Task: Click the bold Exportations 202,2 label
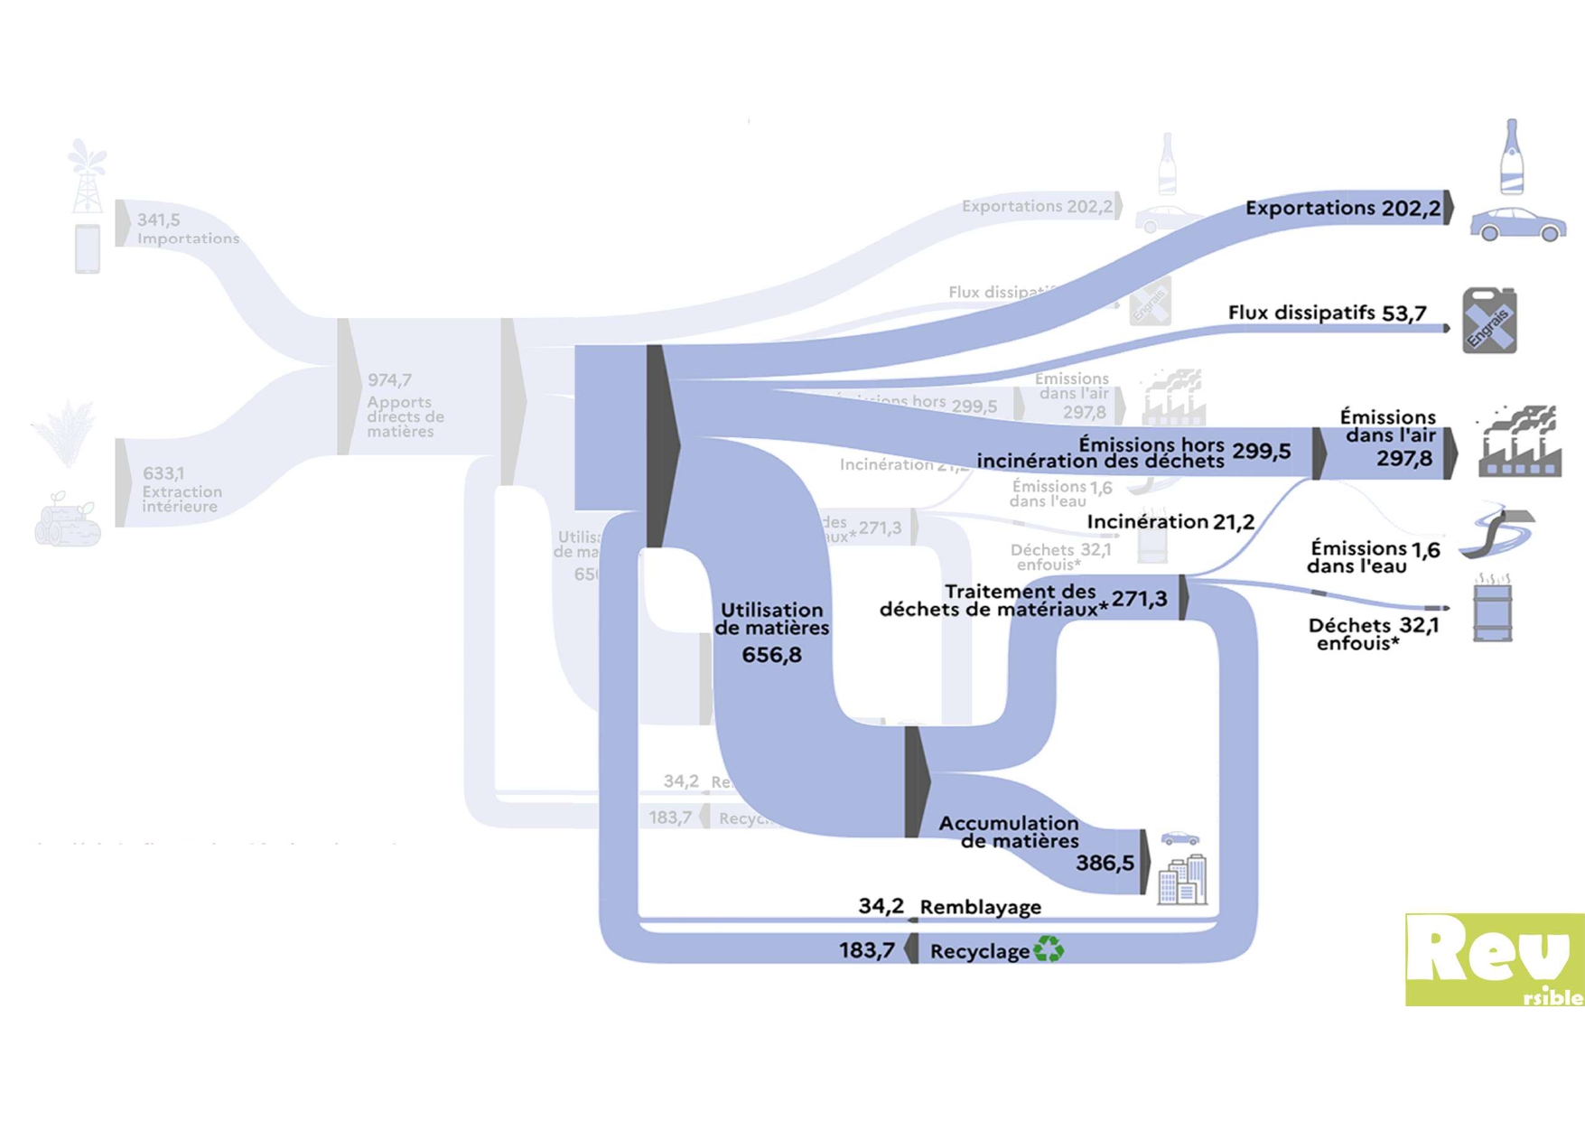tap(1342, 209)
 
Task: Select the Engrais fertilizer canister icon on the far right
tap(1489, 321)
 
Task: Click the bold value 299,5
tap(1261, 452)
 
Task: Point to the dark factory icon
tap(1519, 442)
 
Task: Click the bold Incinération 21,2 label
tap(1170, 522)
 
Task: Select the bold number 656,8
tap(771, 655)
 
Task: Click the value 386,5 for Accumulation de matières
tap(1104, 864)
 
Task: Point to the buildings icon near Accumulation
tap(1183, 879)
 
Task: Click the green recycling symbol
tap(1049, 949)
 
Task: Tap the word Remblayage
tap(980, 907)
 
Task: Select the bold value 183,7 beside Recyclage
tap(866, 950)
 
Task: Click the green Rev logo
tap(1494, 959)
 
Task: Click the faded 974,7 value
tap(389, 380)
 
